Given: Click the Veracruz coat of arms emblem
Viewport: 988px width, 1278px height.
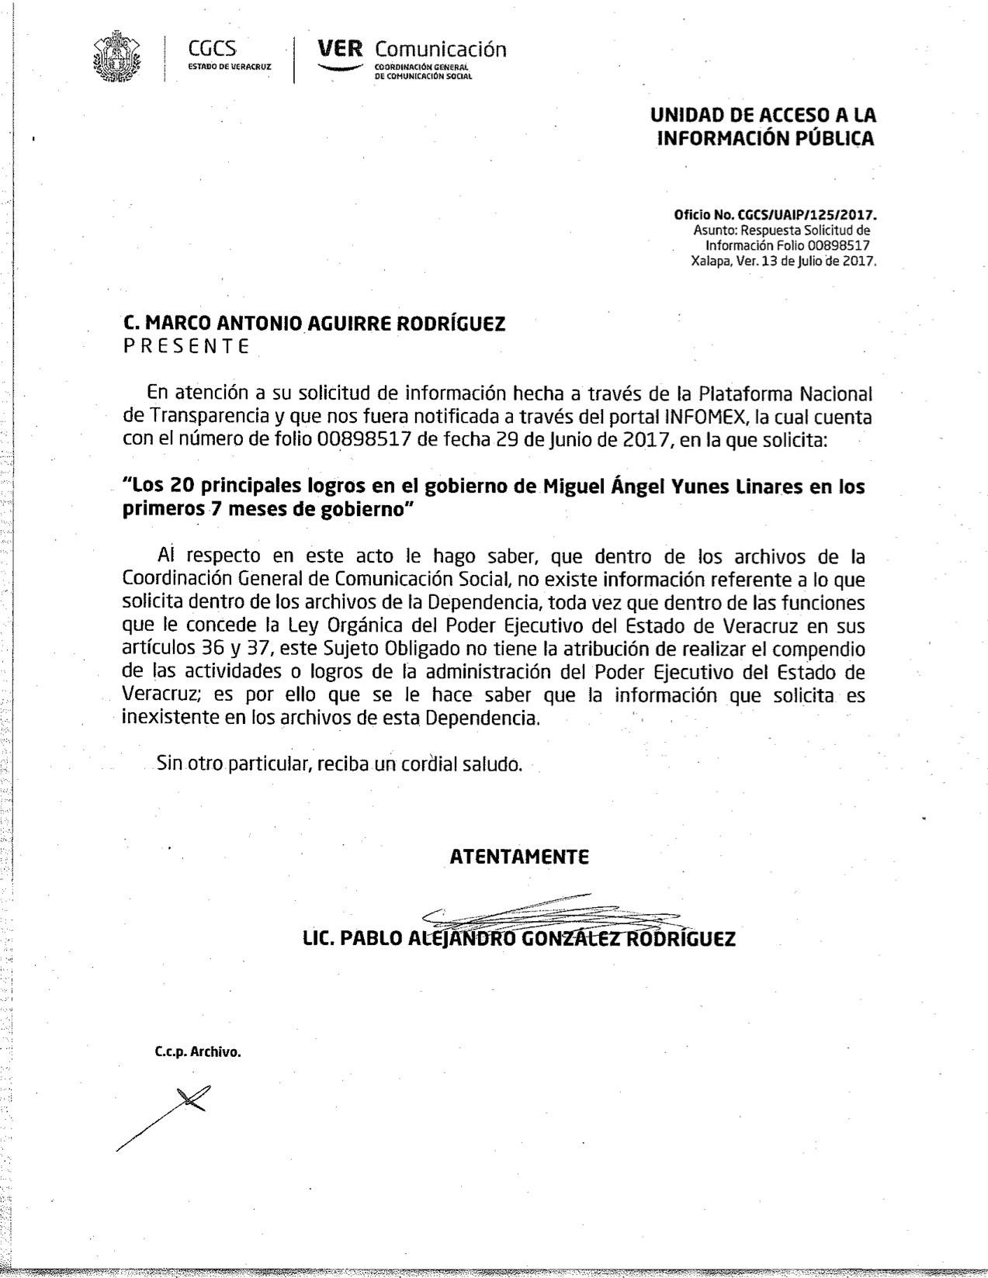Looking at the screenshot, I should (x=118, y=56).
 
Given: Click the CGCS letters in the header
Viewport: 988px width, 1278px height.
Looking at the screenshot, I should (x=212, y=49).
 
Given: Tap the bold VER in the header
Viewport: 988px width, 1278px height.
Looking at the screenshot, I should (x=340, y=50).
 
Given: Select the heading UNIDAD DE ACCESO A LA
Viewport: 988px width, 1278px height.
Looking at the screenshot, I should (x=763, y=116).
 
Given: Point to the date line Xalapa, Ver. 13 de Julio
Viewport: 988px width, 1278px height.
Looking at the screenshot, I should (x=783, y=261).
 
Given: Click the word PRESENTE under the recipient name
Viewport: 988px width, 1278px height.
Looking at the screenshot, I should (x=186, y=347).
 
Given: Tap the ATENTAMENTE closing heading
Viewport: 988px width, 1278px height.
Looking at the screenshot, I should (x=519, y=857).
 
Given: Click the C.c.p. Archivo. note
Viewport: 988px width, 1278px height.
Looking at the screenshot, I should (x=198, y=1053).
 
